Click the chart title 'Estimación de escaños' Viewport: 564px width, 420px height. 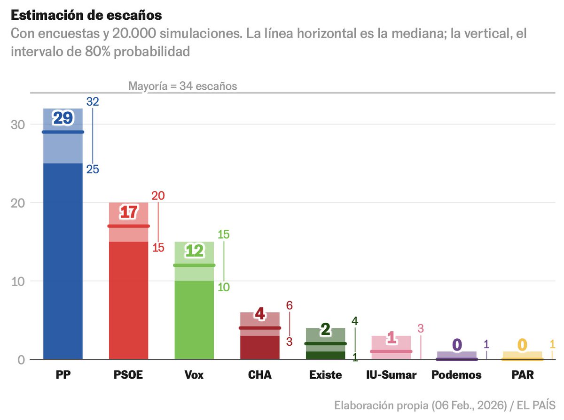click(x=86, y=15)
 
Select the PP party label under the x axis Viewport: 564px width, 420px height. click(x=63, y=375)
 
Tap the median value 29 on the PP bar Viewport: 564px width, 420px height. click(x=63, y=118)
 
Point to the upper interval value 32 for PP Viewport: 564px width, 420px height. click(x=93, y=101)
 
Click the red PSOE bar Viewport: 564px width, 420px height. click(x=128, y=301)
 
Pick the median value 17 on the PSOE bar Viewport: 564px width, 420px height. click(x=128, y=212)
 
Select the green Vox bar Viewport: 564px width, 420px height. click(x=194, y=319)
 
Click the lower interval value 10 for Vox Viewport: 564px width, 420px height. click(x=224, y=287)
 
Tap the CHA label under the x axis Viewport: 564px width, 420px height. click(x=259, y=375)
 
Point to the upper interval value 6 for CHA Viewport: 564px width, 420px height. click(x=290, y=305)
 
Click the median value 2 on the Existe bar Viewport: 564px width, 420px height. click(x=325, y=330)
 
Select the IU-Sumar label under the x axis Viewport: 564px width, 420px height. click(x=391, y=375)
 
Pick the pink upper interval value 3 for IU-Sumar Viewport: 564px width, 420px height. click(x=421, y=328)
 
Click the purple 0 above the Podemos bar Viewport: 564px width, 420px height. click(x=456, y=345)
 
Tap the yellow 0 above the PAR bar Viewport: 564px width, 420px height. click(x=522, y=345)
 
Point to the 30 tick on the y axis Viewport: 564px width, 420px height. click(x=18, y=124)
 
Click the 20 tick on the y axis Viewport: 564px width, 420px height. click(x=18, y=203)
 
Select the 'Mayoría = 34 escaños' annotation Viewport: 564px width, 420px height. click(x=183, y=86)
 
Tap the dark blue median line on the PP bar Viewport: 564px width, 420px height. click(x=63, y=132)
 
